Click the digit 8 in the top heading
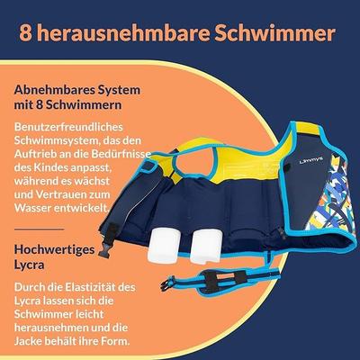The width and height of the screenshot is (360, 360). tap(26, 33)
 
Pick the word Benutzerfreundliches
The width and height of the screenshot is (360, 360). tap(68, 127)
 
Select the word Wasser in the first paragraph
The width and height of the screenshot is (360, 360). tap(32, 208)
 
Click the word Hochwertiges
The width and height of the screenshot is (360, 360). tap(54, 249)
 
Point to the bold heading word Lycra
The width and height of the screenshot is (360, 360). tap(30, 265)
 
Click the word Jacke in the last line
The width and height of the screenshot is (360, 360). tap(28, 341)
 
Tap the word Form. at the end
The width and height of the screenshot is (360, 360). tap(115, 341)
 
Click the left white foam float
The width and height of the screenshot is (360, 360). tap(164, 244)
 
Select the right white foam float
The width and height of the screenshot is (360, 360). tap(206, 245)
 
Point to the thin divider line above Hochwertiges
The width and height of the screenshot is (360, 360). tap(40, 229)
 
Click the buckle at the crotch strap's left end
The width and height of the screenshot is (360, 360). tap(168, 283)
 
